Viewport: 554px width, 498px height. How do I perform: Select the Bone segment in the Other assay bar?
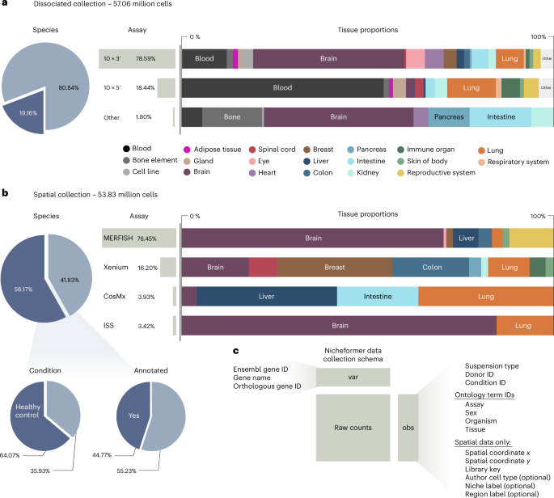233,117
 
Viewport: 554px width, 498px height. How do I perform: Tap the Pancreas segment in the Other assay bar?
448,117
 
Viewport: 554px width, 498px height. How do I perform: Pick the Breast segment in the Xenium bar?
335,268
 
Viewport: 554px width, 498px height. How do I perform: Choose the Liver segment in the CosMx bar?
266,297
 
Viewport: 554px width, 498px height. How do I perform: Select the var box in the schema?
353,378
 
